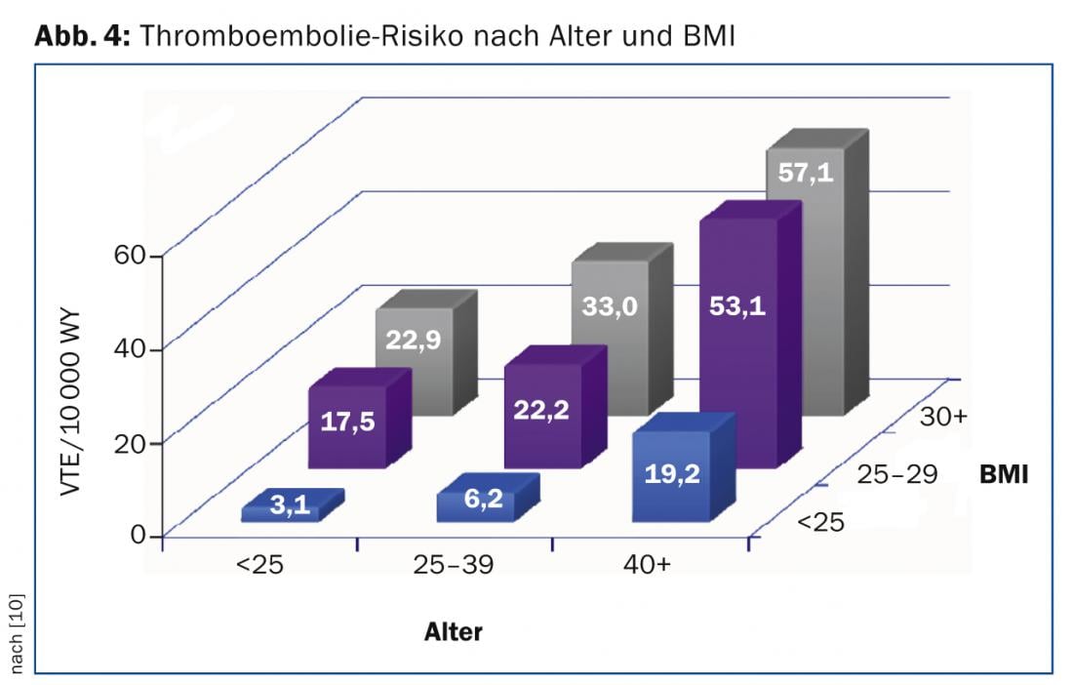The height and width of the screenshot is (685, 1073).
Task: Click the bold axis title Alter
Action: pos(453,631)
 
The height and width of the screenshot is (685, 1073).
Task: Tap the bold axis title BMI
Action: pos(1006,475)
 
